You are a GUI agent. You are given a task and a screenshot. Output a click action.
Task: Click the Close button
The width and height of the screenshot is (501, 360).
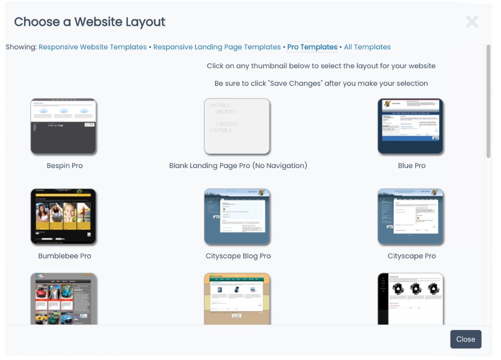click(465, 339)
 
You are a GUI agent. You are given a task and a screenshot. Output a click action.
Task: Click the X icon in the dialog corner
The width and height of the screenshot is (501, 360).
click(471, 22)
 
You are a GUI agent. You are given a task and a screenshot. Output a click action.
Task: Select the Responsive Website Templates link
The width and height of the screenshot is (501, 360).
click(93, 47)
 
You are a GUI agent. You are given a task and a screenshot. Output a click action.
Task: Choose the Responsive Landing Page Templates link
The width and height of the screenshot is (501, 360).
click(217, 47)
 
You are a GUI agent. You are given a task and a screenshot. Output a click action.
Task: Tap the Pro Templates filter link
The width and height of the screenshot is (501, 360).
click(312, 47)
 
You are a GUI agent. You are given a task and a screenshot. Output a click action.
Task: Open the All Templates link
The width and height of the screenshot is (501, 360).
click(367, 47)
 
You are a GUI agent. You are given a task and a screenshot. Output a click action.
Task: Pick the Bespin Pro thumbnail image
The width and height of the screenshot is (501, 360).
click(64, 126)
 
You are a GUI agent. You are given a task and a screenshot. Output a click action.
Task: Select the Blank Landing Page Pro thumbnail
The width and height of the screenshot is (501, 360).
click(237, 126)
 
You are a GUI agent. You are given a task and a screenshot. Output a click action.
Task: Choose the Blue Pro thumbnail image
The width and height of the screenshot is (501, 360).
click(411, 126)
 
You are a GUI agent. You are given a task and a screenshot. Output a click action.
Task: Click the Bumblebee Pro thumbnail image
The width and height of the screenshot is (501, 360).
click(64, 216)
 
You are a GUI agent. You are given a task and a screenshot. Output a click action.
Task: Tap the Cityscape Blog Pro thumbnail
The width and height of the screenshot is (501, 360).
click(237, 216)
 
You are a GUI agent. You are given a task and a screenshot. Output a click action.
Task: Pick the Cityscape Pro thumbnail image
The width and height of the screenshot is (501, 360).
click(411, 216)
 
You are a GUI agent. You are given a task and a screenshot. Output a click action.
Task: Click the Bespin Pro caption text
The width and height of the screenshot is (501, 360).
click(65, 166)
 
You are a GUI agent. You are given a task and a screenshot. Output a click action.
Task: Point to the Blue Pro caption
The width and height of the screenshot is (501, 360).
click(412, 166)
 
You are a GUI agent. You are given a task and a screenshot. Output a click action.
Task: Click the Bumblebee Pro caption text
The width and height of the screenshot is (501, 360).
click(65, 256)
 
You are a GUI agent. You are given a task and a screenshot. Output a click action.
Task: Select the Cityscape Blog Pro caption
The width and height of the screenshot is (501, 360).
click(238, 256)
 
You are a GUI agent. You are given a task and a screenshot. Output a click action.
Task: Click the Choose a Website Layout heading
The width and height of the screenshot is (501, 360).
click(90, 22)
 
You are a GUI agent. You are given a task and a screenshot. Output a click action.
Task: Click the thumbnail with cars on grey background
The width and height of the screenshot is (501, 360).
click(64, 299)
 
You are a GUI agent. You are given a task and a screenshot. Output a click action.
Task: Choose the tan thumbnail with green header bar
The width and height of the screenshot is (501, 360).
click(237, 299)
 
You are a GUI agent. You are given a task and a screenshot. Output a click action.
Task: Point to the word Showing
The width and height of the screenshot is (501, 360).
click(21, 47)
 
